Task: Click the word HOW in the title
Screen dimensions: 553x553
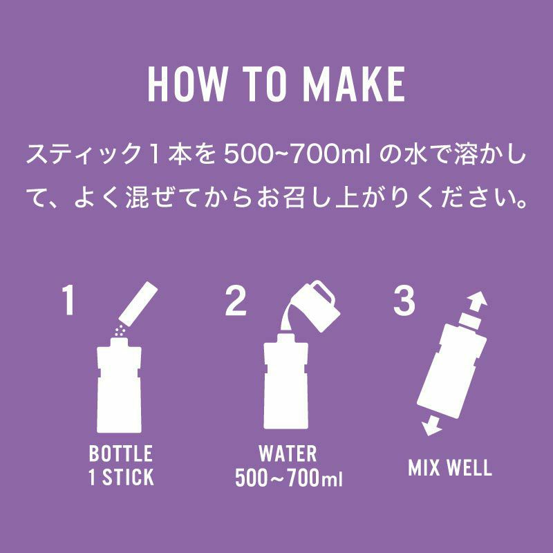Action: point(185,84)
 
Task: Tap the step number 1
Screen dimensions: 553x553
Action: point(68,300)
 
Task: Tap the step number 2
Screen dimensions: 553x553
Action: point(236,300)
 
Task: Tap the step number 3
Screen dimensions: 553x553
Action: point(404,300)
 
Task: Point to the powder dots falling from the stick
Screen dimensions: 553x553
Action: point(120,330)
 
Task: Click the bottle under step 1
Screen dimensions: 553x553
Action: point(119,385)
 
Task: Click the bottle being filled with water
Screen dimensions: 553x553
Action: point(286,382)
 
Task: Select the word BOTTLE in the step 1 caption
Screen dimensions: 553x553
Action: point(120,453)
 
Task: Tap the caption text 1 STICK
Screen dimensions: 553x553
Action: point(121,477)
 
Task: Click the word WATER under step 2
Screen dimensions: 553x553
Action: point(288,453)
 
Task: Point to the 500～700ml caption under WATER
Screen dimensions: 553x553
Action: point(288,478)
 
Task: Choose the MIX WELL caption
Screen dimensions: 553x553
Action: point(450,468)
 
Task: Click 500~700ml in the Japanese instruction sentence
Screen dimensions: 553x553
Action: point(297,155)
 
